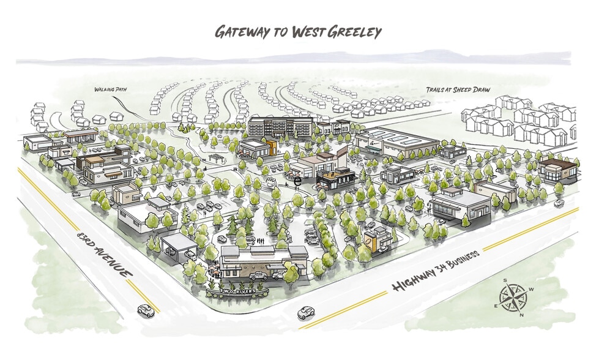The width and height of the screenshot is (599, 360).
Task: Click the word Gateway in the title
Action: coord(240,32)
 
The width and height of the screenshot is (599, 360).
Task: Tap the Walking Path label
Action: coord(110,89)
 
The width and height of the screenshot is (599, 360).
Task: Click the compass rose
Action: coord(513,298)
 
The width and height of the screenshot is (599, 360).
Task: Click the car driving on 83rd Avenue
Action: coord(146,310)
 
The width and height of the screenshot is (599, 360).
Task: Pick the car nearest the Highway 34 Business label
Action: coord(305,313)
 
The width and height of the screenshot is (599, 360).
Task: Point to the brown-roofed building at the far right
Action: coord(557,170)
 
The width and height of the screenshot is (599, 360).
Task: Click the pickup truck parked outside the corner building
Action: coord(258,276)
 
